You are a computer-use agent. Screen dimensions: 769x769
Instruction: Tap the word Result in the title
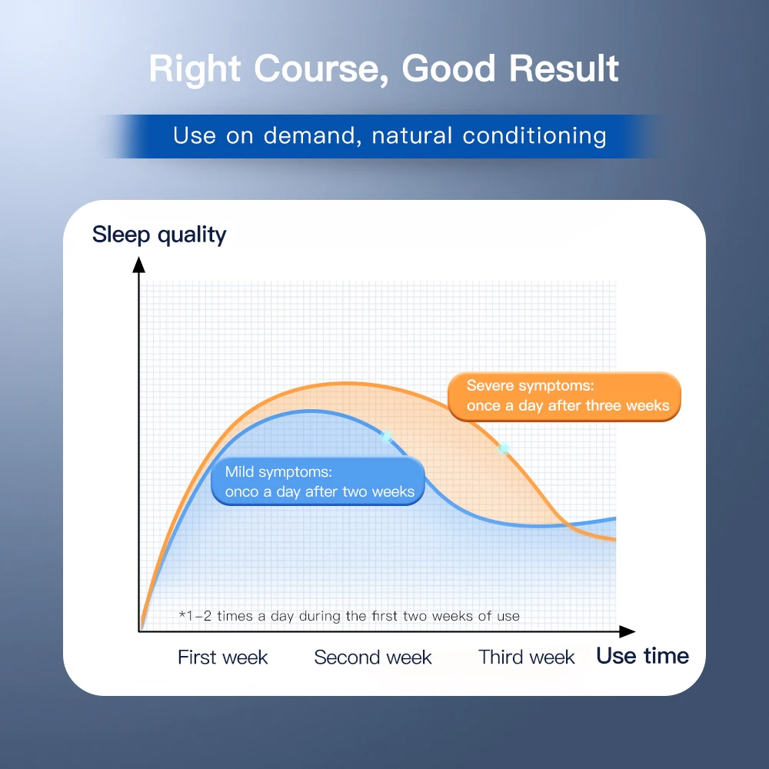(564, 68)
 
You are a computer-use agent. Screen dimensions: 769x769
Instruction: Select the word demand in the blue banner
(308, 136)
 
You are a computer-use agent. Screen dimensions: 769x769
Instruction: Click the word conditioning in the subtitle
(534, 136)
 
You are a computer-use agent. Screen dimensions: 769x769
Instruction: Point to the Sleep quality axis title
(159, 235)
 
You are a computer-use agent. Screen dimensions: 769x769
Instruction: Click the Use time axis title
(642, 656)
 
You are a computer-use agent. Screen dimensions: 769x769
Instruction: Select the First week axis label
(223, 657)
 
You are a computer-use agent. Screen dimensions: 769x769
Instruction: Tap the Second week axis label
(373, 657)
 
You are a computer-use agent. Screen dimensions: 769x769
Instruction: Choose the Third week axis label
(526, 657)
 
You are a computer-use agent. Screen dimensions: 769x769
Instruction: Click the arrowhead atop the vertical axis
(138, 265)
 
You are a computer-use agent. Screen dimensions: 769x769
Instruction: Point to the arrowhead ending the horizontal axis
(628, 631)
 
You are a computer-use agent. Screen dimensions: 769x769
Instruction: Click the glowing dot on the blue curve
(387, 437)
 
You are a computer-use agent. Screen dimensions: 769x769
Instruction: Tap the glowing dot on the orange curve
(504, 448)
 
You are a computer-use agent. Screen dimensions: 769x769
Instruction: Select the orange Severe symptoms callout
(564, 396)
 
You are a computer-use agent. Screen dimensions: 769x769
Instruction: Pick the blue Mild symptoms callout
(318, 481)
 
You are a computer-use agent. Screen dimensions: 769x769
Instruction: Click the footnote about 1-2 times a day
(349, 616)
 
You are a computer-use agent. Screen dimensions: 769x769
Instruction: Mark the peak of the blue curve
(310, 411)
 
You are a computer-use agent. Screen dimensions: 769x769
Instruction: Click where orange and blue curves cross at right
(570, 525)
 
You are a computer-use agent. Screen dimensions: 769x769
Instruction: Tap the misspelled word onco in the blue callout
(241, 491)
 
